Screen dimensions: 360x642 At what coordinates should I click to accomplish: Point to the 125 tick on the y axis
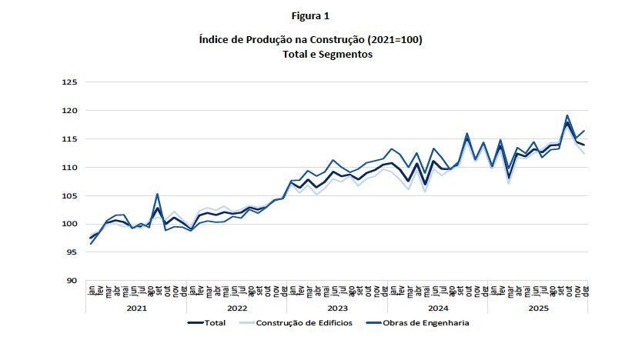coord(70,82)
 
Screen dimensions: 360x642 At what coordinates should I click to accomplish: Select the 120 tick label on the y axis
coord(70,111)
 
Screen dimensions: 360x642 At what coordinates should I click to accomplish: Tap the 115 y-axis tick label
coord(70,139)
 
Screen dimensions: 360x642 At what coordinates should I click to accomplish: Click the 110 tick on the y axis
coord(70,168)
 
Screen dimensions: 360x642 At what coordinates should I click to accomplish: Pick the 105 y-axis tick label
coord(70,196)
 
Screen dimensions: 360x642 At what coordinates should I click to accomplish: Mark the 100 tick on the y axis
coord(70,225)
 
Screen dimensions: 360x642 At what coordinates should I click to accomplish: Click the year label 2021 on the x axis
coord(136,307)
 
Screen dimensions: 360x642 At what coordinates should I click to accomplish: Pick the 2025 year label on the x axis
coord(539,307)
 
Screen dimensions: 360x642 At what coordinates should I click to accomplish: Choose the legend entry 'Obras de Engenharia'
coord(426,323)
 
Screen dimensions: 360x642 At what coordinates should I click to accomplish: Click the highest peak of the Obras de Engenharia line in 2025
coord(567,115)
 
